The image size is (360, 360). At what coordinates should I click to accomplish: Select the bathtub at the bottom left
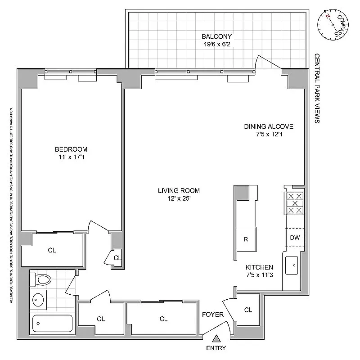(x=52, y=324)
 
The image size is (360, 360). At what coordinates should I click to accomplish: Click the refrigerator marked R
(x=246, y=239)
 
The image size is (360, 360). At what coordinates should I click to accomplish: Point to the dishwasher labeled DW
(x=295, y=238)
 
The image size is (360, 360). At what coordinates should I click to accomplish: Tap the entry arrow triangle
(x=217, y=339)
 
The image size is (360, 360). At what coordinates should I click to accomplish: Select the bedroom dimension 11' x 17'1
(x=71, y=157)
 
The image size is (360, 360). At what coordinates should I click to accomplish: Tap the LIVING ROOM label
(x=179, y=191)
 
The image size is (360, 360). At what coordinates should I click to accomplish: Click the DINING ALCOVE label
(x=269, y=126)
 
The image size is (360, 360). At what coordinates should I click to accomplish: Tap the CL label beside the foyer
(x=248, y=310)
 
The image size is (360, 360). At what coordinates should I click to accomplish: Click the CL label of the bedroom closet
(x=52, y=250)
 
